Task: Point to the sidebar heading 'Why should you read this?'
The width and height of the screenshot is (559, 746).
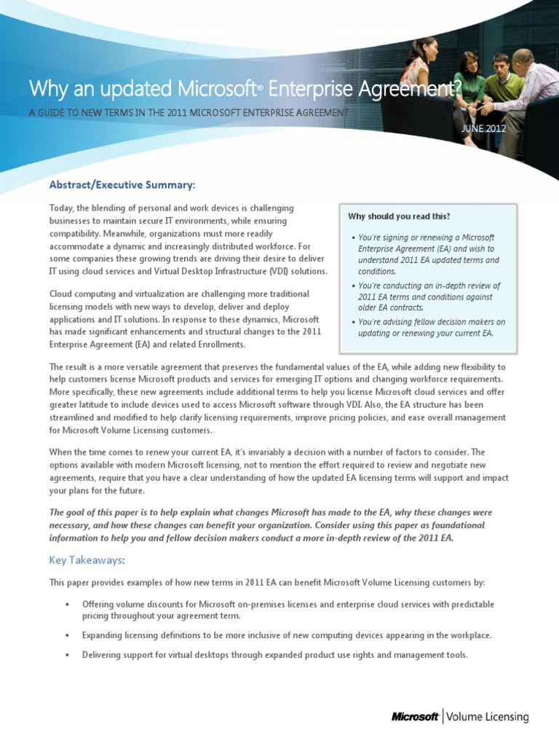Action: click(x=399, y=216)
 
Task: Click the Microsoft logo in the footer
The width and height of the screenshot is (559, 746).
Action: click(x=415, y=717)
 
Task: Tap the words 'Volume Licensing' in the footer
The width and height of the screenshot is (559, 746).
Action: click(x=488, y=717)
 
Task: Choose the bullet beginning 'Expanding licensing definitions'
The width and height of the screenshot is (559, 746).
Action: click(x=287, y=635)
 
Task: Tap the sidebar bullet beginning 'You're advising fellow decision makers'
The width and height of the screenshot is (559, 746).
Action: click(x=429, y=327)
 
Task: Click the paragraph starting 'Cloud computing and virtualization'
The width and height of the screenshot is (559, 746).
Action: click(x=186, y=319)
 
